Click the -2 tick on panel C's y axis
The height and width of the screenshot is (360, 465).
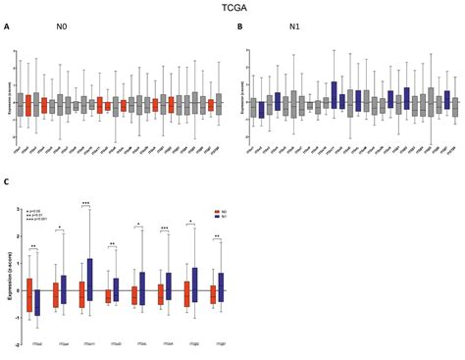point(23,345)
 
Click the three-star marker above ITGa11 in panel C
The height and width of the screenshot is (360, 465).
point(86,203)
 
